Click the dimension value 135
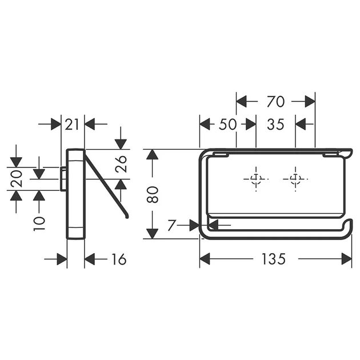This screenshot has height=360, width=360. coord(274,259)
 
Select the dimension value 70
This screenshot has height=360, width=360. coord(276,102)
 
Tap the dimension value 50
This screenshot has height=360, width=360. coord(227,125)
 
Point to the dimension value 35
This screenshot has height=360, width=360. coord(275,125)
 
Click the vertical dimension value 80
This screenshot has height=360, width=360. coord(153,195)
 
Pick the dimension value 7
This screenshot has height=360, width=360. coord(171,225)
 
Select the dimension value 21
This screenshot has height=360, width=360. coord(71,125)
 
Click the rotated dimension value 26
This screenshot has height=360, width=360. coord(121,164)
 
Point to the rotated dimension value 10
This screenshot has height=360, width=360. coord(39,223)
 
